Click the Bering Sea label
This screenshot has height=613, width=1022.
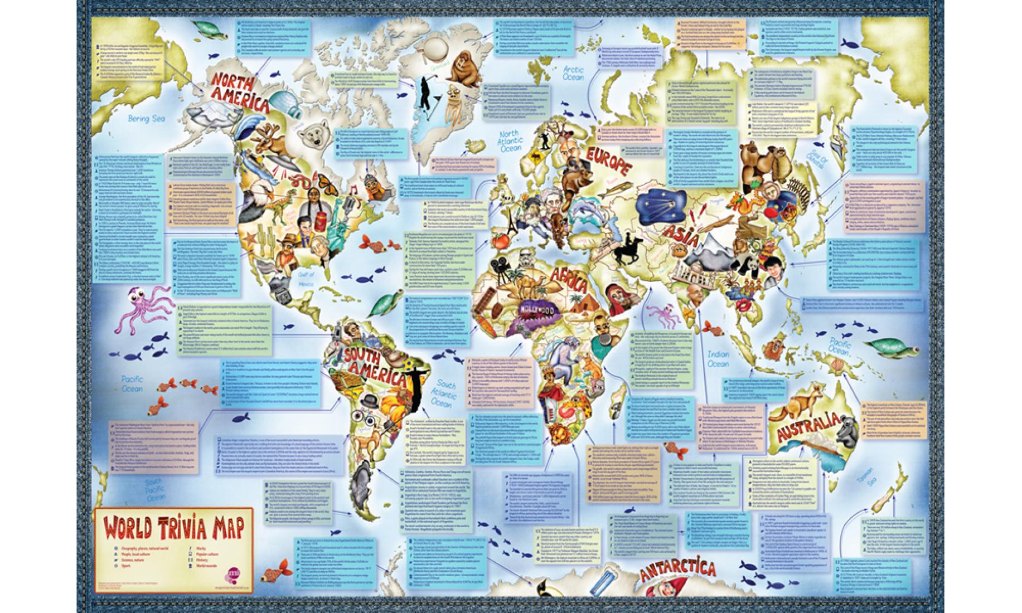(x=146, y=118)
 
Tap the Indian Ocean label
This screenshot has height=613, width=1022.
(x=718, y=359)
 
